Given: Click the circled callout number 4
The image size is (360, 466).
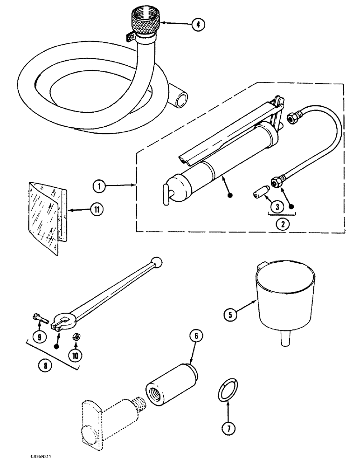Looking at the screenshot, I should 198,25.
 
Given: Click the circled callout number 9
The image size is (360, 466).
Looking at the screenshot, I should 39,336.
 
